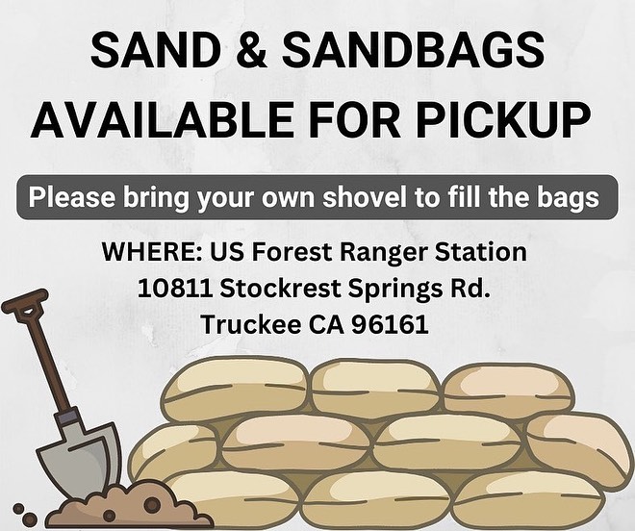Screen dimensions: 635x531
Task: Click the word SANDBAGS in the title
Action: tap(413, 50)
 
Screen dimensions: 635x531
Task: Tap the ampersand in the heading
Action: tap(251, 50)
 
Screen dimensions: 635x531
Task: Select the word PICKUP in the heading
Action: tap(503, 119)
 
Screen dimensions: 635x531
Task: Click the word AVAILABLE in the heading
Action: tap(162, 119)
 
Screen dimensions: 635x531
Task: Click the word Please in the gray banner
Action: tap(71, 197)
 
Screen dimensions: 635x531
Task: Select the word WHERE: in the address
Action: tap(153, 251)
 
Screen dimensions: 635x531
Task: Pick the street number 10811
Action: tap(175, 288)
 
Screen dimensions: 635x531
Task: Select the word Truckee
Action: tap(251, 324)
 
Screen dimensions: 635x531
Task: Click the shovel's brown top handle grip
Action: tap(25, 301)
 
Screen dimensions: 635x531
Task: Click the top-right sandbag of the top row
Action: tap(508, 392)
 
